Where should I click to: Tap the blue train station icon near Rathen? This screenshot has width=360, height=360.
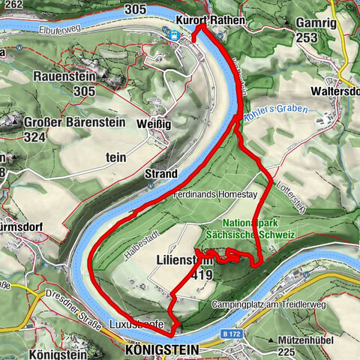pyautogui.click(x=175, y=34)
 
